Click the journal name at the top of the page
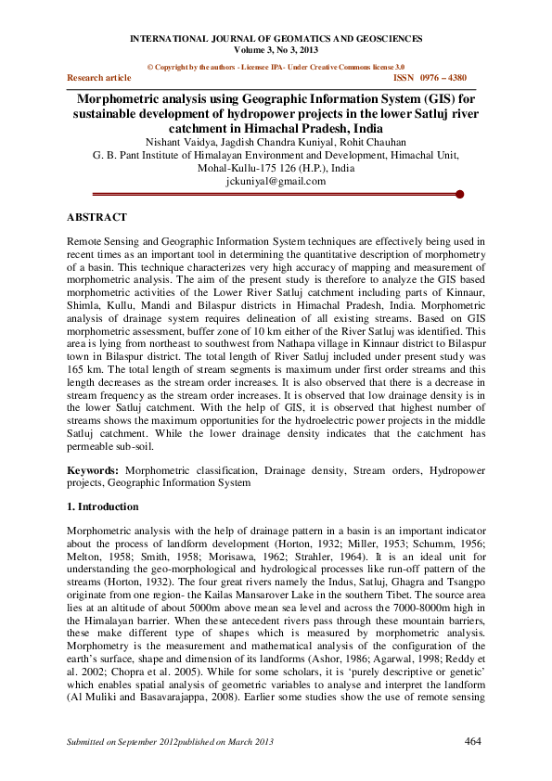pos(276,39)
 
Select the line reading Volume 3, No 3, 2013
pos(276,50)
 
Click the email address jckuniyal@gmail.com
pos(276,182)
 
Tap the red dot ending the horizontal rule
pos(459,195)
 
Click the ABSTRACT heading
pos(96,217)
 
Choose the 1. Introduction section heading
pos(102,507)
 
